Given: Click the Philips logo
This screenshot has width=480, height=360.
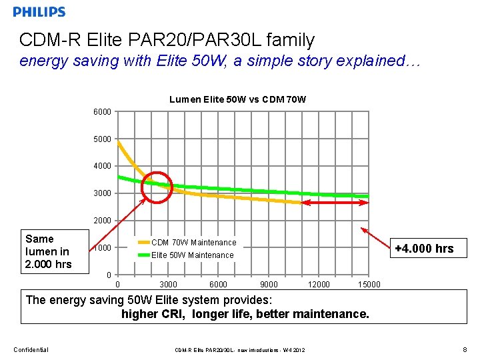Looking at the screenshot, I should click(x=39, y=11).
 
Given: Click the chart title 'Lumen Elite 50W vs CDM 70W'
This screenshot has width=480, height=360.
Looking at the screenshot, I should click(x=237, y=99).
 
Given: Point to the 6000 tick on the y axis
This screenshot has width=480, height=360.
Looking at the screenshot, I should click(x=102, y=112).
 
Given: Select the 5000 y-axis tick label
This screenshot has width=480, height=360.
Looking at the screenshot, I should click(x=102, y=139).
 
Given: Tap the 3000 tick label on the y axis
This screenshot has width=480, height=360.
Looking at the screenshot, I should click(x=102, y=193).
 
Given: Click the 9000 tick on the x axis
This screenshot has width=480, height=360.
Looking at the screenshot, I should click(x=269, y=285).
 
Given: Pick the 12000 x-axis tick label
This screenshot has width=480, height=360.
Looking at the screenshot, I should click(x=319, y=285).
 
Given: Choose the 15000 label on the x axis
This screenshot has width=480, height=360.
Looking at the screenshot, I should click(x=369, y=285).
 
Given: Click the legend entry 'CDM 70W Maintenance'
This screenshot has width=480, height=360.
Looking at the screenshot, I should click(x=193, y=243).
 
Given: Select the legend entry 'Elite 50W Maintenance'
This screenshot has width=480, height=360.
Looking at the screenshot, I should click(x=192, y=255).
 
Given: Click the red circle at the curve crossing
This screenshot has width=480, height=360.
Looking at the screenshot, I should click(x=157, y=186).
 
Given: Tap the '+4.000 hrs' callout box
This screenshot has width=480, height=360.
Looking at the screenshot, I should click(x=424, y=249).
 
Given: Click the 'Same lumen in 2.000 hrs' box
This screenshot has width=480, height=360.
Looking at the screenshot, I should click(x=47, y=251).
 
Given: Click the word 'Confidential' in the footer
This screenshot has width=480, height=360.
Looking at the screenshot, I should click(x=31, y=349).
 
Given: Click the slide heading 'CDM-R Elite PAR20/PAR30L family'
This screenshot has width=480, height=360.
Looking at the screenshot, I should click(x=167, y=40).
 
